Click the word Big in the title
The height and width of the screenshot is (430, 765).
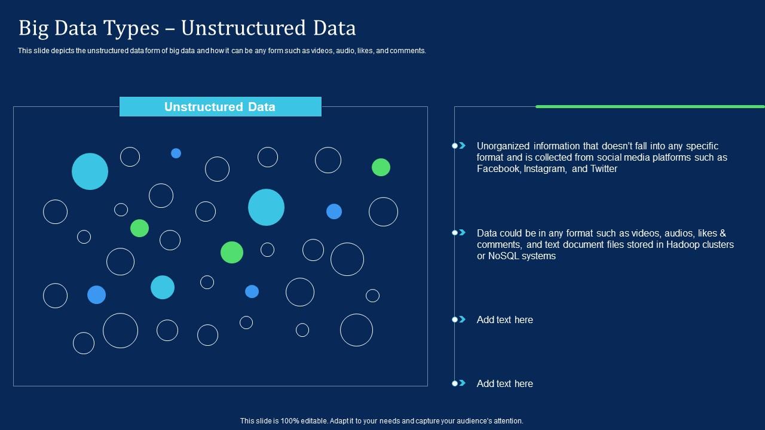tap(33, 28)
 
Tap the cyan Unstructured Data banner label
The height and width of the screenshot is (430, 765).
tap(221, 106)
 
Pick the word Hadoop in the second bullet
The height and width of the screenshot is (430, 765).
tap(683, 245)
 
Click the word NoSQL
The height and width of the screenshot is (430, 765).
tap(504, 256)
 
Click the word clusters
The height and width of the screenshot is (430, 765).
tap(718, 245)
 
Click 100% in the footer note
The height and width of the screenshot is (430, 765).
tap(290, 421)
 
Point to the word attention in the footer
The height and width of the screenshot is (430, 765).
tap(509, 421)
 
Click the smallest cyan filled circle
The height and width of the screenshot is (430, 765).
tap(163, 287)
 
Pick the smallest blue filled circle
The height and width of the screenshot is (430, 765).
tap(176, 153)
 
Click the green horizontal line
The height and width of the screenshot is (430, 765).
tap(650, 107)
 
